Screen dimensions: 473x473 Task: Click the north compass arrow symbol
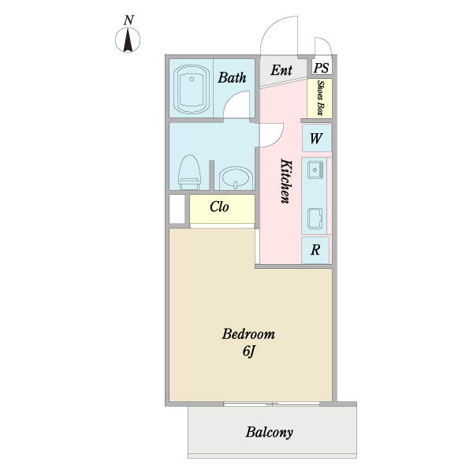(128, 40)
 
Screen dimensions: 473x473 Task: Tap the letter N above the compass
(128, 20)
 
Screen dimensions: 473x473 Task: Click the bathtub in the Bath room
(192, 89)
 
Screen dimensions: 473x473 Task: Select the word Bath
(232, 77)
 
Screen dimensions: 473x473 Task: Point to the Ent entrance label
(281, 70)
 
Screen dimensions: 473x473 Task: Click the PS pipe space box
(322, 67)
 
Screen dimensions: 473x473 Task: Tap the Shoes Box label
(320, 98)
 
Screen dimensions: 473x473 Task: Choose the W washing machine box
(317, 138)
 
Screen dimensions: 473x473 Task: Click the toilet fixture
(189, 172)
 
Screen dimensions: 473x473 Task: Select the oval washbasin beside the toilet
(236, 178)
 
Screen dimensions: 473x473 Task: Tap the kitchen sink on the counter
(315, 169)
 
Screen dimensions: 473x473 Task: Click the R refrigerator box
(315, 250)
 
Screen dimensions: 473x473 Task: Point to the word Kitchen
(286, 181)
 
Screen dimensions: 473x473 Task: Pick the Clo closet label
(219, 207)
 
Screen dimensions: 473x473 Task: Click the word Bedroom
(248, 334)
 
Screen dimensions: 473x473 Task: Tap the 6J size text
(249, 352)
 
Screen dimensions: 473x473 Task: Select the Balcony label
(269, 432)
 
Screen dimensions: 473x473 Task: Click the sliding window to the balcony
(272, 404)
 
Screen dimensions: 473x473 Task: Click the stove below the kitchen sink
(315, 218)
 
